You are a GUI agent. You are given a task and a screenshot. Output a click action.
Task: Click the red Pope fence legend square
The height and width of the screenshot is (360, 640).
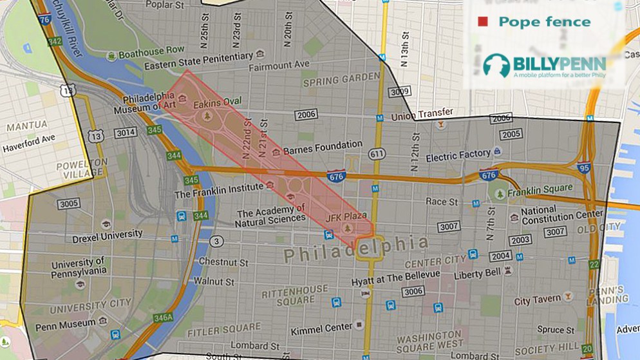click(482, 22)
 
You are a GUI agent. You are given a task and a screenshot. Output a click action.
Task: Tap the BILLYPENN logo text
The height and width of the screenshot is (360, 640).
click(559, 64)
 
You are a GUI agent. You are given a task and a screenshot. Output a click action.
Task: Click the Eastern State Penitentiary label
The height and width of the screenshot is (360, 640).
click(198, 58)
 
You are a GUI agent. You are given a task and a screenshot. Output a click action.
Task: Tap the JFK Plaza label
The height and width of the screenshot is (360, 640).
click(346, 216)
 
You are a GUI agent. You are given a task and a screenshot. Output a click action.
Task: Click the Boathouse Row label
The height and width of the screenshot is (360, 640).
click(151, 50)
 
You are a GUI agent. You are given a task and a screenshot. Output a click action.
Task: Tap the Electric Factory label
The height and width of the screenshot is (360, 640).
click(458, 156)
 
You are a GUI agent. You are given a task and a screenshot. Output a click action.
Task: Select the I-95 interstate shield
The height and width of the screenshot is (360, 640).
click(584, 169)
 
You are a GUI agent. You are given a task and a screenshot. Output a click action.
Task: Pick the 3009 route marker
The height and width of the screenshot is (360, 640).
click(400, 92)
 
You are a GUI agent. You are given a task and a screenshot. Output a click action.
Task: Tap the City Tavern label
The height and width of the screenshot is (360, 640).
click(537, 301)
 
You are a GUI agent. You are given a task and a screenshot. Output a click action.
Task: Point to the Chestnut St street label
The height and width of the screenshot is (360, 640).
click(223, 262)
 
